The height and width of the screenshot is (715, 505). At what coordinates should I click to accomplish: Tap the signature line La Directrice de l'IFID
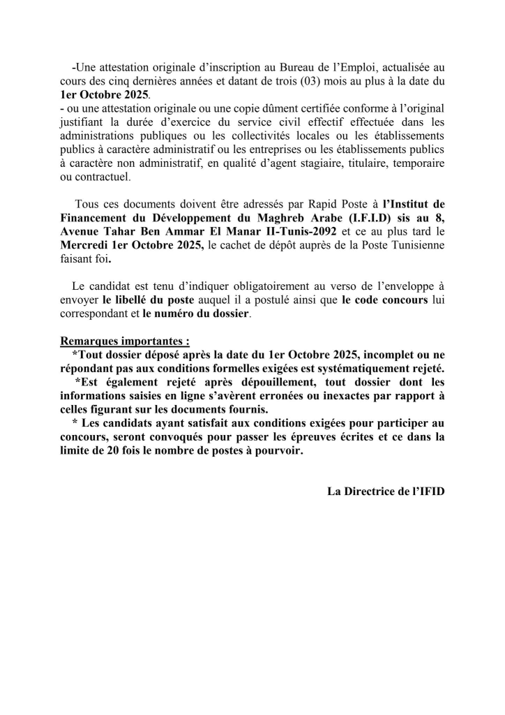pyautogui.click(x=386, y=491)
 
